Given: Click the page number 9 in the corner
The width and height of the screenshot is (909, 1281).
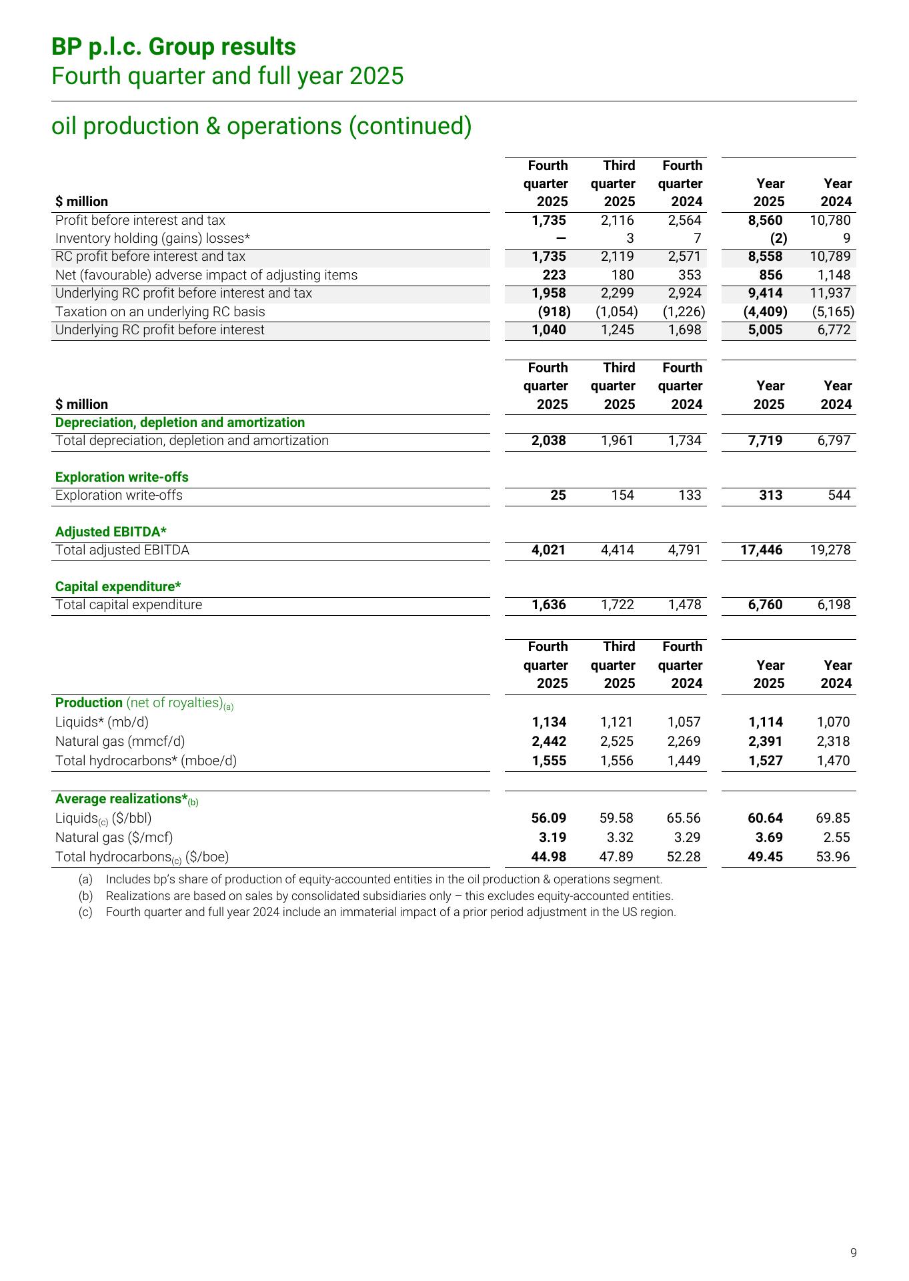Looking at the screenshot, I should pos(853,1252).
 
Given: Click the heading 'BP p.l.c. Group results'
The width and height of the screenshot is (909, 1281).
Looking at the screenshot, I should pos(173,47).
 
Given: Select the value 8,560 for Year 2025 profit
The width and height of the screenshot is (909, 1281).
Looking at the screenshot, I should pos(765,220).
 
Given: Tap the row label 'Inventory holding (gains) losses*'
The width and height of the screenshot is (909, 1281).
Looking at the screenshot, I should pos(152,238).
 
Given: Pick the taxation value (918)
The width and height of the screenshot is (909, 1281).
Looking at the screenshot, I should pos(554,312).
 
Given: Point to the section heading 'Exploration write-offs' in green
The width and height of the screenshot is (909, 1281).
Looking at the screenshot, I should pos(121,477).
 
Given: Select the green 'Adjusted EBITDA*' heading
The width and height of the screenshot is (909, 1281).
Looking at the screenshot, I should pos(111,532).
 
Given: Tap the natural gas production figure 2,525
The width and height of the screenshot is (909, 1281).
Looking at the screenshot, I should pos(616,741).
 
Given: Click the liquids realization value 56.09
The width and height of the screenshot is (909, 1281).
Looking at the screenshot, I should pos(548,818).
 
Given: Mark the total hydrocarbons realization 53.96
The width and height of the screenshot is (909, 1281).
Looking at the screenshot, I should pos(833,857).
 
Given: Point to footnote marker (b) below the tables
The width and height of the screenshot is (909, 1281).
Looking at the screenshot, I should pos(85,896).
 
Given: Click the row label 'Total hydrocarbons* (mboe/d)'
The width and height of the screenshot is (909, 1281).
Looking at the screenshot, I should pos(146,761).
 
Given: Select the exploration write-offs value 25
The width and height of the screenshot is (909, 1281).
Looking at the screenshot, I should pos(558,495).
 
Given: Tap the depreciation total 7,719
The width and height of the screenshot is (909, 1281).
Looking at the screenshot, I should pos(765,440).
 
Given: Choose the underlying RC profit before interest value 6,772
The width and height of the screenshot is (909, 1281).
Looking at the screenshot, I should pos(834,330).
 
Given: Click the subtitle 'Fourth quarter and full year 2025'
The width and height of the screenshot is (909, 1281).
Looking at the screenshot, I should pos(227,76).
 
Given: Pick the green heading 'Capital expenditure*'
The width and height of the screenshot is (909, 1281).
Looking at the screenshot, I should pos(118,586).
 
